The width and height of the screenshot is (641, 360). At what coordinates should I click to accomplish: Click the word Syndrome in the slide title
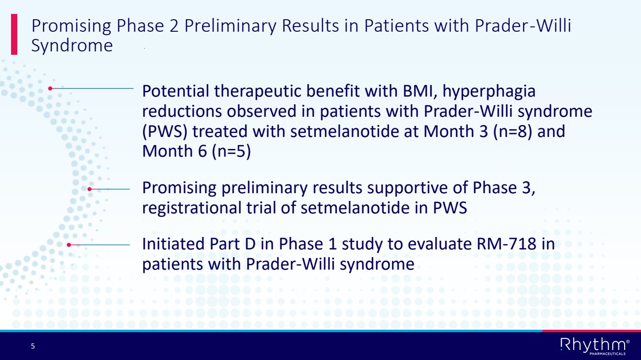click(x=72, y=46)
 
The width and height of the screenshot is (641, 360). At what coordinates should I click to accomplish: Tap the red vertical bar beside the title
click(x=14, y=34)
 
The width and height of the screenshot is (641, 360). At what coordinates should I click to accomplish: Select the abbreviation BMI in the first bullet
click(x=420, y=91)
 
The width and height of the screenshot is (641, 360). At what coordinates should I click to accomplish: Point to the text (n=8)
click(x=513, y=132)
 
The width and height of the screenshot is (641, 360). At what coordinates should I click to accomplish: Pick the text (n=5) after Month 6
click(x=231, y=151)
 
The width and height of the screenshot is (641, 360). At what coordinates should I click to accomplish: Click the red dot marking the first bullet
click(x=50, y=88)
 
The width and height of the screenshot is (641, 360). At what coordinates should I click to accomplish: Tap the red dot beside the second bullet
click(x=89, y=189)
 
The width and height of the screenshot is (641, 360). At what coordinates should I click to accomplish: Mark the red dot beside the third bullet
click(x=69, y=245)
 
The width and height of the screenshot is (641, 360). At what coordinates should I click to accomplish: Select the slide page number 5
click(x=33, y=346)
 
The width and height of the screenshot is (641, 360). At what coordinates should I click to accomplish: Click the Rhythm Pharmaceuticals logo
click(x=595, y=346)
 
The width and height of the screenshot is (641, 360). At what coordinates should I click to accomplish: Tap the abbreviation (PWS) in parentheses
click(x=165, y=132)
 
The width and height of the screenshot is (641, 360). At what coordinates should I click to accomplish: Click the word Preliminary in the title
click(x=230, y=26)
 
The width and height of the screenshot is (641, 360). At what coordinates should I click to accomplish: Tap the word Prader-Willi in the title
click(x=523, y=26)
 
